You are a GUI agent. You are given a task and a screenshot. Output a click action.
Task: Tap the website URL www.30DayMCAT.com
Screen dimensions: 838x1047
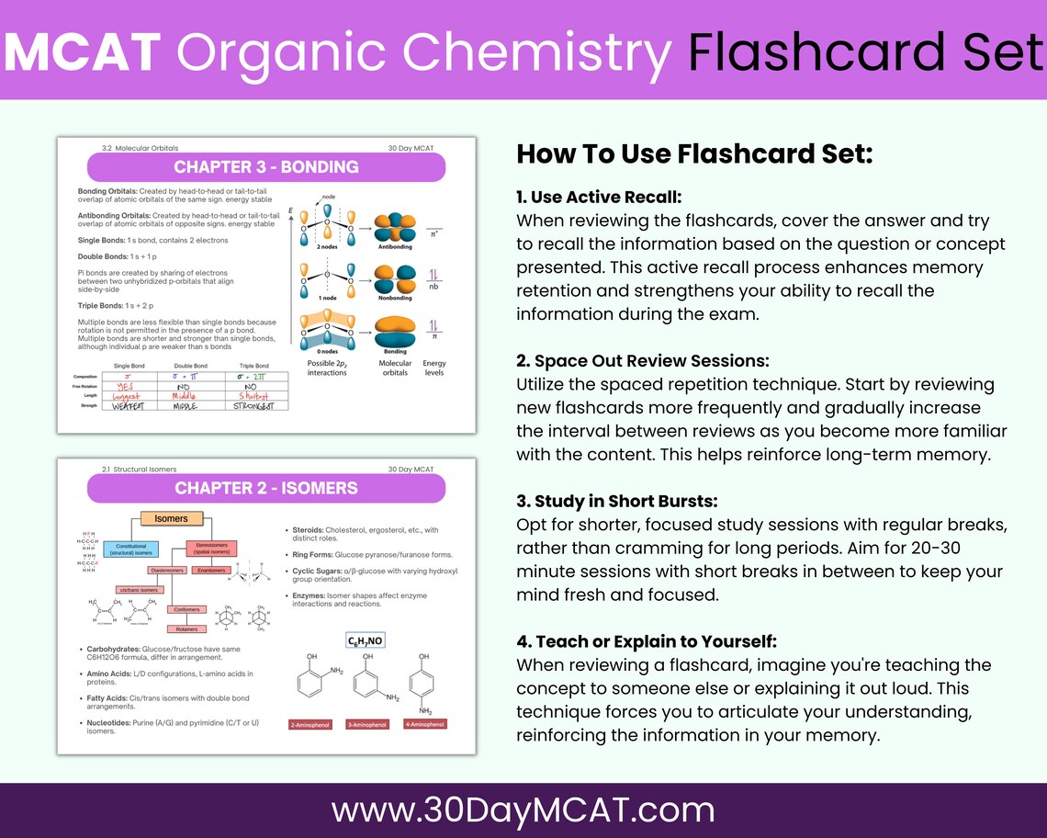pos(523,810)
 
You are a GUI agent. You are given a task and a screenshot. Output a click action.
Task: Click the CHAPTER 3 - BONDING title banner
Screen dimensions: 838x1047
pos(265,167)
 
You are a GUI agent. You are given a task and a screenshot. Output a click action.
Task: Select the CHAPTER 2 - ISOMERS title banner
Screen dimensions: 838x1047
pos(265,487)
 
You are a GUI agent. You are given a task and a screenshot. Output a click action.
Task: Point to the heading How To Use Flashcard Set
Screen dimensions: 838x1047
pos(693,153)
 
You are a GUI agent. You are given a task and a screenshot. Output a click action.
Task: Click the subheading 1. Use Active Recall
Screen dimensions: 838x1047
pos(599,197)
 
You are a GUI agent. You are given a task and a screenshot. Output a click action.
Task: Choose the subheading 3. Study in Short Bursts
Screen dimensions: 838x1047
pos(617,501)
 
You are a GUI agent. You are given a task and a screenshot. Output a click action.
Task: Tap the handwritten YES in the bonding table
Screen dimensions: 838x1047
pos(129,387)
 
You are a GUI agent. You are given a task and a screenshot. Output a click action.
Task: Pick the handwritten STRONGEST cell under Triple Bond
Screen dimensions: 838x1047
pos(254,405)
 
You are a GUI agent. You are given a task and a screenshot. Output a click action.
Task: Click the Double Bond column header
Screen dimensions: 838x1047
pos(191,366)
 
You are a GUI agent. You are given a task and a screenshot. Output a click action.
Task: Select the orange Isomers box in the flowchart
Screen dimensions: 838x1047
pos(171,519)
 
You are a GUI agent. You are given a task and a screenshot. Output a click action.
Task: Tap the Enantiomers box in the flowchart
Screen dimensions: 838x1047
pos(212,571)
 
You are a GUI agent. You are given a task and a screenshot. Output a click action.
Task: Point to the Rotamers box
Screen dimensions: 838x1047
pos(186,628)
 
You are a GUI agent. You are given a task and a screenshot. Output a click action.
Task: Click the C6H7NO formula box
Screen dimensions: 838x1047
pos(365,640)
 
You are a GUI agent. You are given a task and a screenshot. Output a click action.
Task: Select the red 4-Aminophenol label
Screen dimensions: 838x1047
pos(423,724)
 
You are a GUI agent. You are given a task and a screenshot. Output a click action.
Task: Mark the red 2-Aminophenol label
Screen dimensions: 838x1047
pos(309,724)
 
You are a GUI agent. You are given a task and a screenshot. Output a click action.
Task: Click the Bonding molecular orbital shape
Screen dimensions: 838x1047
pos(395,329)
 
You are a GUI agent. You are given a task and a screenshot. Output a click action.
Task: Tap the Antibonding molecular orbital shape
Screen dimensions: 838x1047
pos(395,228)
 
